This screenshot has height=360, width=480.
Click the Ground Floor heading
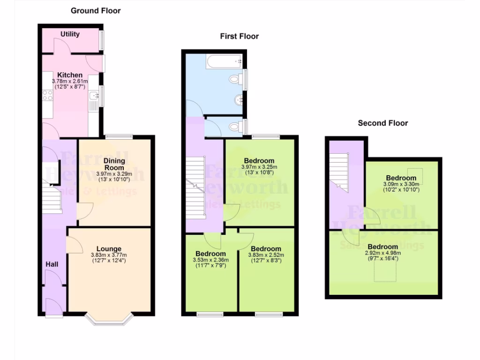(x=96, y=10)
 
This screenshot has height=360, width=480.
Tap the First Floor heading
(x=240, y=36)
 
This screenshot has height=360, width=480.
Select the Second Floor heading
(x=383, y=123)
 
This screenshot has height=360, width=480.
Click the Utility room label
(x=70, y=34)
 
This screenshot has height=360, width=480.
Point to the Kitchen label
(x=70, y=75)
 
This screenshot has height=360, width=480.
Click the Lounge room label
(x=109, y=249)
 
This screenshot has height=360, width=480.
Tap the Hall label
(x=52, y=264)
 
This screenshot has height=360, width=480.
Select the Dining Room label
(x=114, y=164)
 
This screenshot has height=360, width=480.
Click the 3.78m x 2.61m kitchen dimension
(x=70, y=81)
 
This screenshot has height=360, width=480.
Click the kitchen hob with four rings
(x=47, y=96)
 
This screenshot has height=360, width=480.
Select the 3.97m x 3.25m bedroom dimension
(x=259, y=166)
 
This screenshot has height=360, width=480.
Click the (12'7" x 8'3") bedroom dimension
(x=266, y=260)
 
